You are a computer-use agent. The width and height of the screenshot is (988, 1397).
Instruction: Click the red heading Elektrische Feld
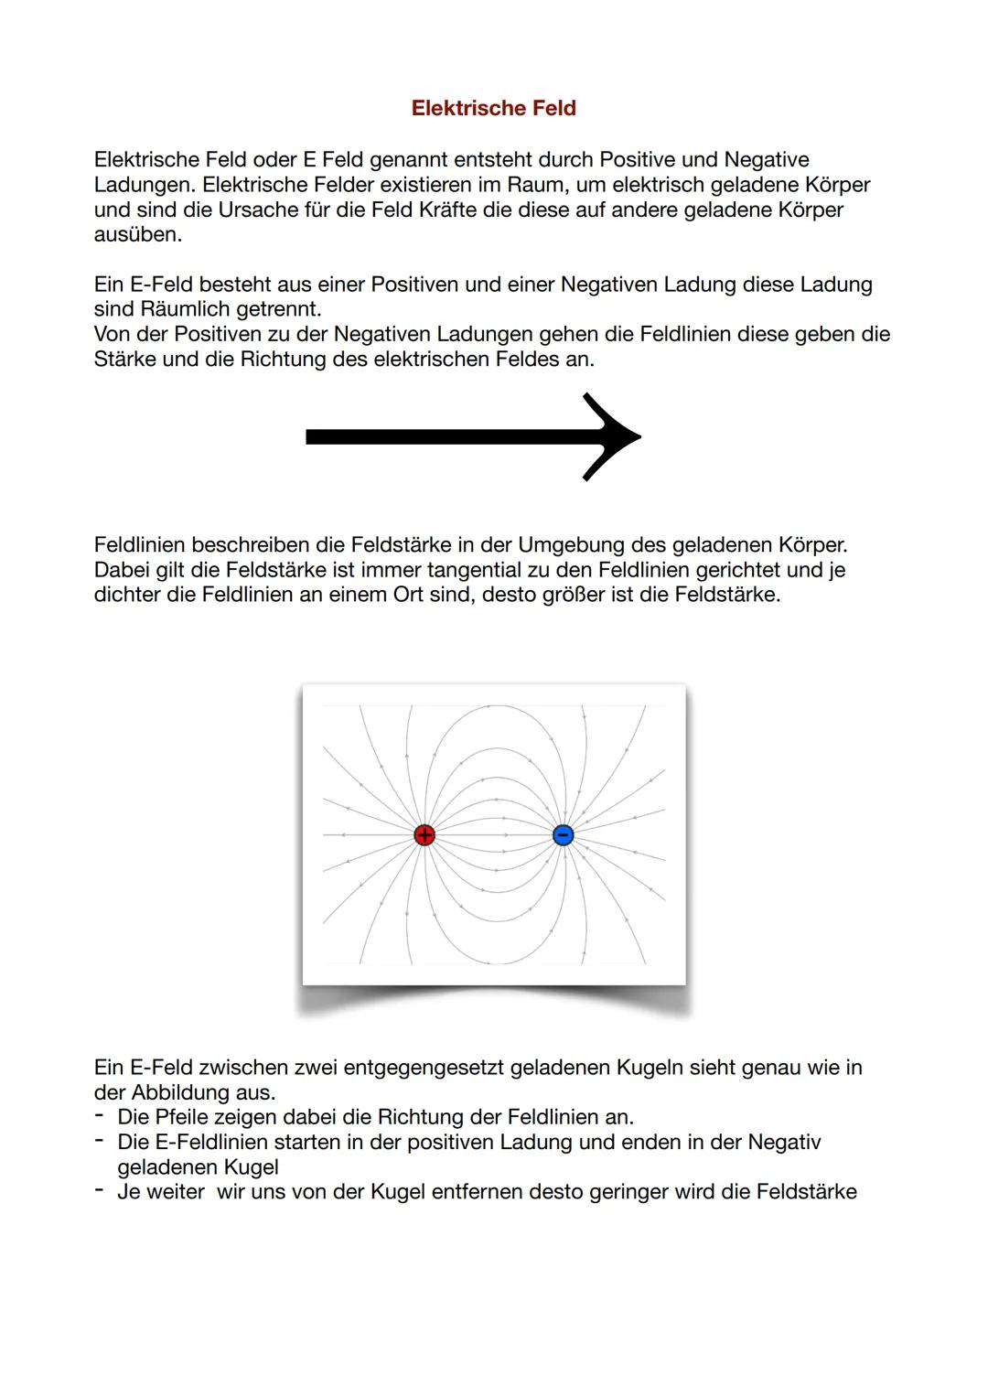pos(493,108)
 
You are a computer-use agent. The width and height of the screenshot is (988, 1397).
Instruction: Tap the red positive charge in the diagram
pos(424,834)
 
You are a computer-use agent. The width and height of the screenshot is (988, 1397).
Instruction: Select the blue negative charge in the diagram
pos(564,834)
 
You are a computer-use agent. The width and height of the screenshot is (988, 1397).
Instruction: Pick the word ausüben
pos(137,234)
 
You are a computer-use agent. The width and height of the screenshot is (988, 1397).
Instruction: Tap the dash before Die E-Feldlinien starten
pos(99,1141)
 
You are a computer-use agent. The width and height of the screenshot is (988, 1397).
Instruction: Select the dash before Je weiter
pos(99,1190)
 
